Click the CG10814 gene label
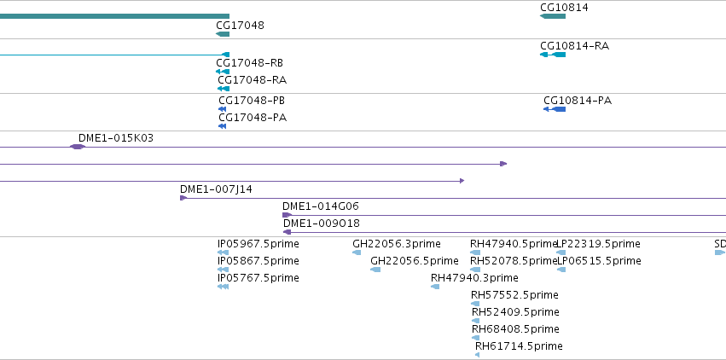point(564,8)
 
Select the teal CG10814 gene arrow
point(552,16)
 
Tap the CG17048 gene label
point(240,25)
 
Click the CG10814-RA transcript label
point(574,46)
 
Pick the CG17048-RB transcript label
point(250,63)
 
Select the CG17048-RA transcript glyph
point(224,89)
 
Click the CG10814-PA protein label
point(578,101)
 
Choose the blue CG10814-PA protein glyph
point(555,109)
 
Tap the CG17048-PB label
point(252,101)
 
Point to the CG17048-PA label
point(253,118)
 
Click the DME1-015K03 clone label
point(116,138)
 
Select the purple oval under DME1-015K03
point(78,147)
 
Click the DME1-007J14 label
point(216,189)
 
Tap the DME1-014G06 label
point(321,206)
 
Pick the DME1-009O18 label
point(322,224)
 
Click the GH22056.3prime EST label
point(397,244)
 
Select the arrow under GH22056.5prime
point(375,270)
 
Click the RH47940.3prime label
point(474,278)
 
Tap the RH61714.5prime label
point(519,346)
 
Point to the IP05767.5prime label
point(258,278)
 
